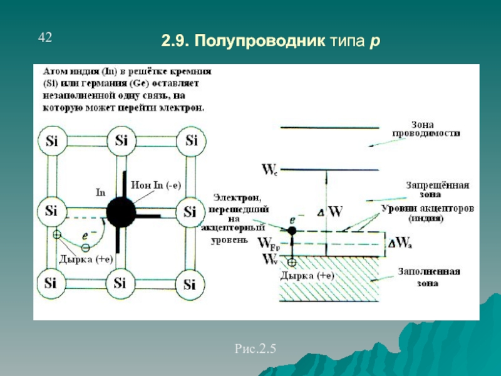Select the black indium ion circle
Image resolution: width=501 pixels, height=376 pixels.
(121, 211)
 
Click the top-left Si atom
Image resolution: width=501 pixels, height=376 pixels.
(51, 140)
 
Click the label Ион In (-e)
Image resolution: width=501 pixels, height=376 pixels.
(157, 185)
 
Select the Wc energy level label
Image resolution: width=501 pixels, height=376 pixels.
(268, 169)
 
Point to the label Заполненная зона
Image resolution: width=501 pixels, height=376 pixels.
(430, 277)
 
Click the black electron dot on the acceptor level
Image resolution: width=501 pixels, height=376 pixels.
(292, 231)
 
